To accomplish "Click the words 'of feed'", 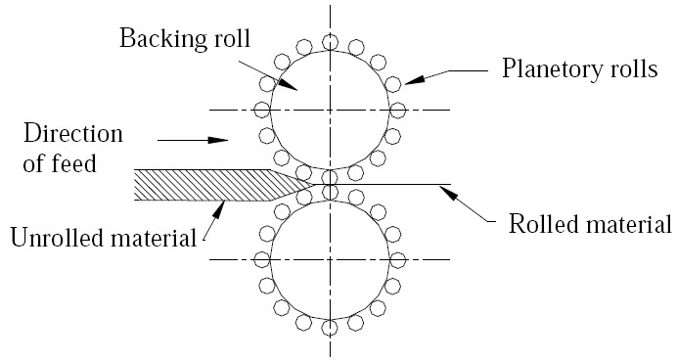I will (x=60, y=163).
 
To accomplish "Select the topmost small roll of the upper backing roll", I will (x=331, y=42).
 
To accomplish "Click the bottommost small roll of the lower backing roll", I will (x=331, y=324).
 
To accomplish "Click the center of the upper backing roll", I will (x=331, y=109).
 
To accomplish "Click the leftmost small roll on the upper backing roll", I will (x=262, y=109).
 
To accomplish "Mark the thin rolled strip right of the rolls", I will (x=391, y=183).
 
